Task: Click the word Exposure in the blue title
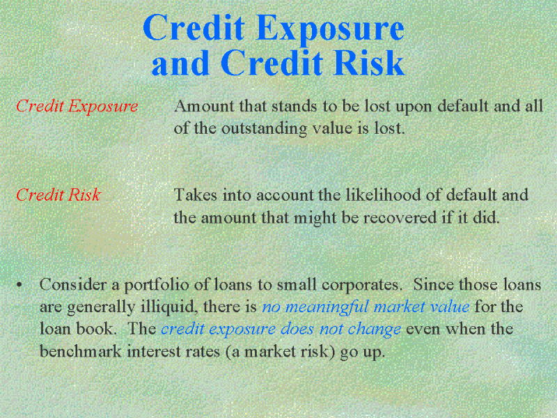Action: click(329, 29)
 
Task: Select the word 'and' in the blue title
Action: click(180, 63)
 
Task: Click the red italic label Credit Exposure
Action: click(77, 107)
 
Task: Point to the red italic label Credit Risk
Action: click(58, 195)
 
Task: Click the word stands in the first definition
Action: click(294, 106)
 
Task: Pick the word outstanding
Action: click(264, 129)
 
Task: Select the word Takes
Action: click(195, 195)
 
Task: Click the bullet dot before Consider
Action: click(19, 285)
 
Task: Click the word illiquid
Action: click(169, 307)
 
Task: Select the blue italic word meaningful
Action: click(327, 307)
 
